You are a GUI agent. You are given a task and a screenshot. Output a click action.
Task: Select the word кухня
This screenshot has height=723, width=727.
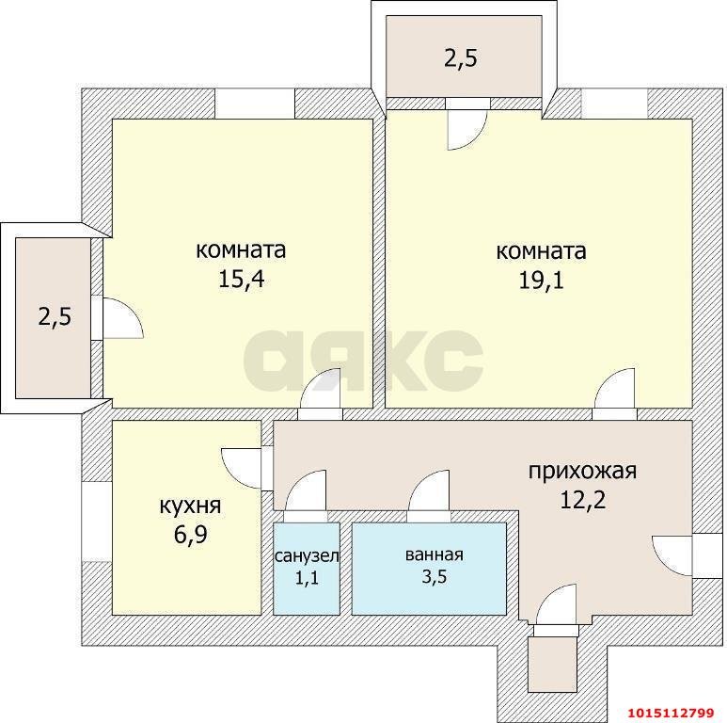189,506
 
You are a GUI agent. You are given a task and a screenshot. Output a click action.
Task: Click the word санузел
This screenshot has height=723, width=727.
307,555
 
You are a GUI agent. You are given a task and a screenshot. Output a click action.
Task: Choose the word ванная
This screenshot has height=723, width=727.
434,554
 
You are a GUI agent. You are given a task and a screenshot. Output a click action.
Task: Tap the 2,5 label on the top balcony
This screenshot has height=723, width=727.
461,59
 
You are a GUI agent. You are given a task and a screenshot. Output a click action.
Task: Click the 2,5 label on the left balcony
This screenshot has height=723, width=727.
55,316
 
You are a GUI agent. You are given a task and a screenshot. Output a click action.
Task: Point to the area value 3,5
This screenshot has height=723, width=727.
434,577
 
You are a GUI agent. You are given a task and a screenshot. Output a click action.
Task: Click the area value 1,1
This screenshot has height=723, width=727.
307,578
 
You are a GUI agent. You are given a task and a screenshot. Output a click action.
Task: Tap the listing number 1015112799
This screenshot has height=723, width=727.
670,712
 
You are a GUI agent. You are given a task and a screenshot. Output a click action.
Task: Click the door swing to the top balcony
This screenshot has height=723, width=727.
466,131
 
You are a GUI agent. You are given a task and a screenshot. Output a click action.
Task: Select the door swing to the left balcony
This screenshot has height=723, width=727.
122,317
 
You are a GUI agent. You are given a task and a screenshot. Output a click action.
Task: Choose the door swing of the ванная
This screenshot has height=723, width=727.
430,491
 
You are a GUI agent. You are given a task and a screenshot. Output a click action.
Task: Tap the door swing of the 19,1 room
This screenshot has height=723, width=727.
616,392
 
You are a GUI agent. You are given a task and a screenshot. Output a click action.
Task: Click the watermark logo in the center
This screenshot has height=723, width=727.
363,358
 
